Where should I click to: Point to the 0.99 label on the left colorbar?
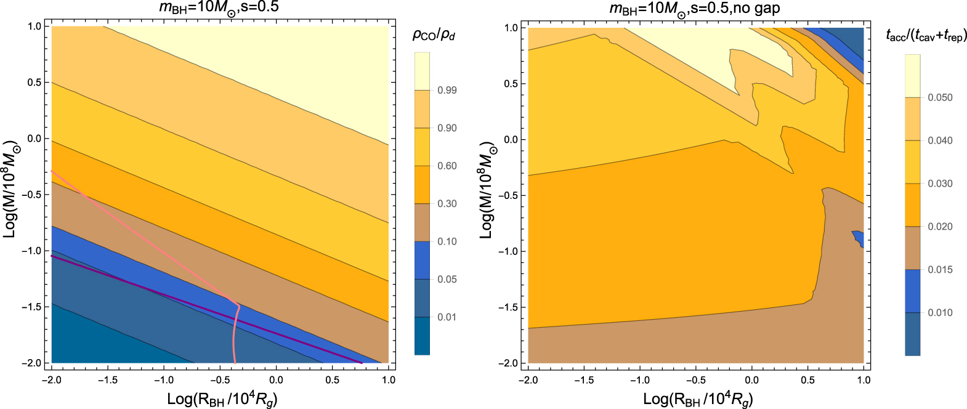click(447, 91)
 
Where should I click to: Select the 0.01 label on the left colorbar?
click(447, 317)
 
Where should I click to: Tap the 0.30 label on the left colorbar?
click(447, 204)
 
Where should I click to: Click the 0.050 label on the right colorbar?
click(940, 97)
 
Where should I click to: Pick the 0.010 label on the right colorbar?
click(940, 313)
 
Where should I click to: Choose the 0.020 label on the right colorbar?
click(940, 227)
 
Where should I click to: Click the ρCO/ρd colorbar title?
click(434, 35)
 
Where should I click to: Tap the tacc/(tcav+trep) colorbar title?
click(926, 36)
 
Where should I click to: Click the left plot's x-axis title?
click(222, 399)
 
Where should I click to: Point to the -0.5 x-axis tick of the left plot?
click(220, 380)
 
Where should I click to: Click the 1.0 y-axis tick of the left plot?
click(34, 26)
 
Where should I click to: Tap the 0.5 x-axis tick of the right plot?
click(807, 380)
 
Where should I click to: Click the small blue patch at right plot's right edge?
click(858, 238)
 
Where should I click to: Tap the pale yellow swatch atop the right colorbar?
click(912, 75)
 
